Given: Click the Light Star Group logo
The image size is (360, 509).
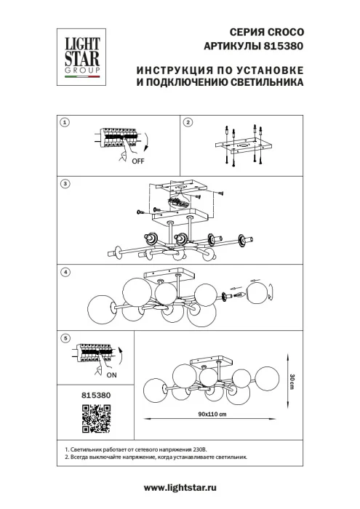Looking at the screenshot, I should (81, 53).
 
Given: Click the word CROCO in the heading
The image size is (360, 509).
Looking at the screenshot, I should (286, 33).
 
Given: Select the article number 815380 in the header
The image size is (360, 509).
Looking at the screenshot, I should (283, 46).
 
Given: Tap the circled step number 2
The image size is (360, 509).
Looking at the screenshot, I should (187, 123).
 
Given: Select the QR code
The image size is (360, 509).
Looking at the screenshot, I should (92, 417).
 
